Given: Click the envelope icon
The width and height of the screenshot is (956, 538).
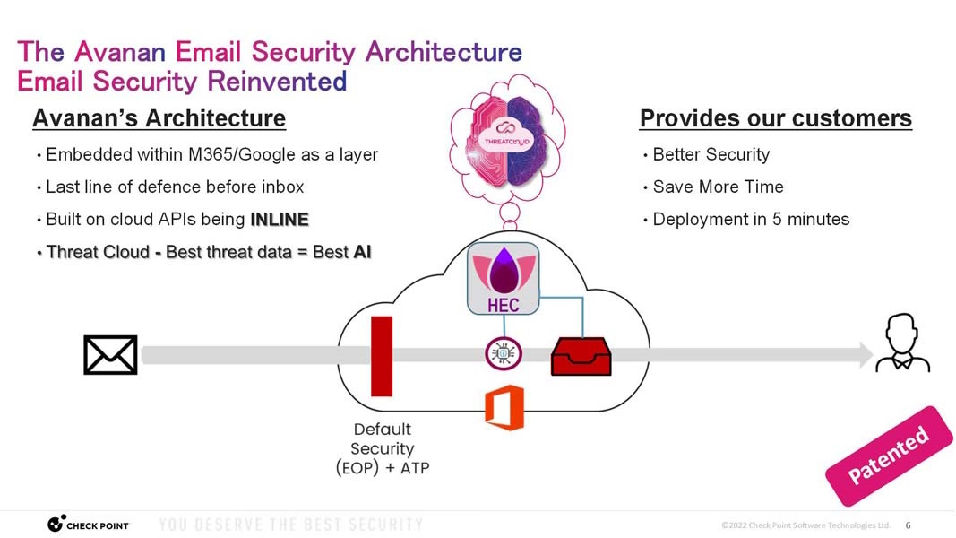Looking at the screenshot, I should pos(110,355).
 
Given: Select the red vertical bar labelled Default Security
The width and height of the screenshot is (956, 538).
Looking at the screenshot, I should pos(382,356).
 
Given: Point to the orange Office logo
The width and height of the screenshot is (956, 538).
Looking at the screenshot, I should pos(504,407).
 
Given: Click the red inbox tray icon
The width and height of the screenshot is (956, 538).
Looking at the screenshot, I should pos(580,356).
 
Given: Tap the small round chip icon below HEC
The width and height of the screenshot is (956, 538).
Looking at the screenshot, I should pos(502,354).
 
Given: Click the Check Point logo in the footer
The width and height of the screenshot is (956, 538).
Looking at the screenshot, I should pos(88,524).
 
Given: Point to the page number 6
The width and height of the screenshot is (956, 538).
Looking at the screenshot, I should pos(908,525).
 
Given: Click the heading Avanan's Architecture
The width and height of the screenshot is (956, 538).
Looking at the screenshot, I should pos(159,118).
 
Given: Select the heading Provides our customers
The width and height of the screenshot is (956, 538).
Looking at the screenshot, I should pos(775,118).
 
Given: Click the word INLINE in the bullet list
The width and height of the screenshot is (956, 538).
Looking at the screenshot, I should pos(280,220).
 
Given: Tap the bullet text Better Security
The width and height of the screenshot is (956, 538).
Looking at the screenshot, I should pos(711,154).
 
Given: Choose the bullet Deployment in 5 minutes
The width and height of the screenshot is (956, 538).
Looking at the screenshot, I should pos(751,219).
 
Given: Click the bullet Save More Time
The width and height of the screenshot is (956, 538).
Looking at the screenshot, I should pos(718,187).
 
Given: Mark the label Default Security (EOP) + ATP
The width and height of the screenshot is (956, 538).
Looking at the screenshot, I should pos(383,448).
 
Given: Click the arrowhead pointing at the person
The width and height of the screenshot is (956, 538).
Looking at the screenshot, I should pos(866,355).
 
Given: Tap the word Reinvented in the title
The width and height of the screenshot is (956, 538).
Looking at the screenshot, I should pos(277,82).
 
